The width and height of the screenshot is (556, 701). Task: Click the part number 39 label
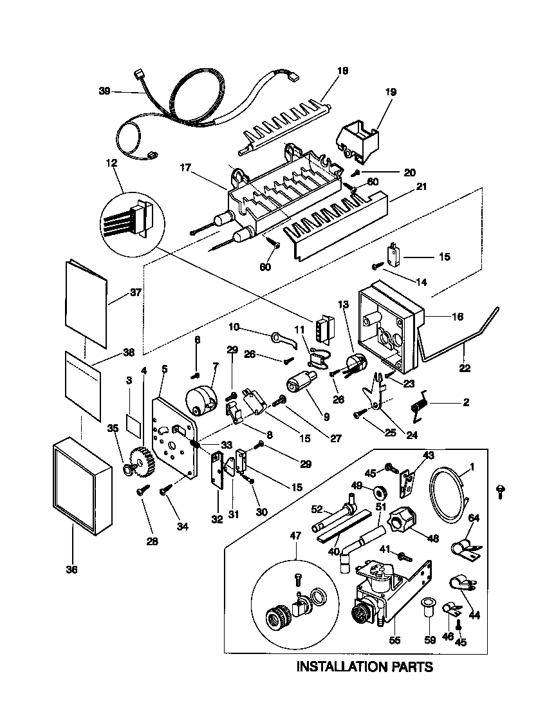pos(105,91)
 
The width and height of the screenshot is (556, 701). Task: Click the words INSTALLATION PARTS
pos(364,666)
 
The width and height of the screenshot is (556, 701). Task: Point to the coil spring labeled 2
pos(420,405)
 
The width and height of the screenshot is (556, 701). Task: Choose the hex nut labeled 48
pos(402,519)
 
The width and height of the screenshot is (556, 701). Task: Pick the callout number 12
pos(114,164)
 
